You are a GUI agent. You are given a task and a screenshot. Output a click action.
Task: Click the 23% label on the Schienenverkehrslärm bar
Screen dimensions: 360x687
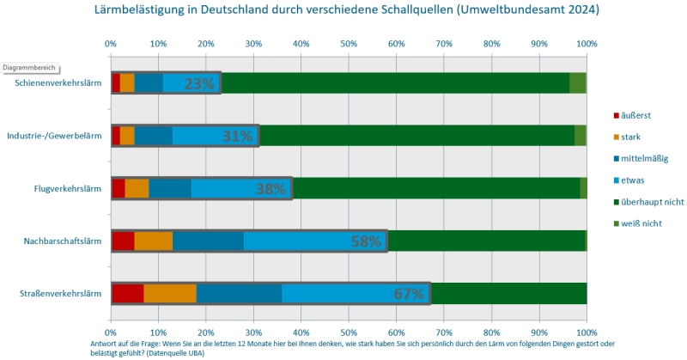pos(199,83)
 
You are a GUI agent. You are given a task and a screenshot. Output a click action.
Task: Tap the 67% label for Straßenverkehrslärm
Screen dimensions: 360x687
pos(409,294)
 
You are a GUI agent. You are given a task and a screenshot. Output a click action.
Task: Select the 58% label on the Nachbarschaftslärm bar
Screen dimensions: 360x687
pos(366,241)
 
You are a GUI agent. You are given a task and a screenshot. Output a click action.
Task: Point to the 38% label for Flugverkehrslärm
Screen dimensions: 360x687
pos(271,189)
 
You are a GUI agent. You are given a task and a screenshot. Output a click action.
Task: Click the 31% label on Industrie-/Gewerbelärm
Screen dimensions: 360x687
pos(237,136)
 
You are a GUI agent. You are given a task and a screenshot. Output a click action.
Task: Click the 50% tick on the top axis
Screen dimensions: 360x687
pos(349,43)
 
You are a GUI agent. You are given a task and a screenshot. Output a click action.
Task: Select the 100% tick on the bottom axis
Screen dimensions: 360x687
pos(587,332)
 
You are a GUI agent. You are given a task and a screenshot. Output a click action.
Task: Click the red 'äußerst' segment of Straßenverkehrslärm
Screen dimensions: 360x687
pos(127,293)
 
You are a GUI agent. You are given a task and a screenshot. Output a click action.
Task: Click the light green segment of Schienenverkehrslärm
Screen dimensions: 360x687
pos(578,82)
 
